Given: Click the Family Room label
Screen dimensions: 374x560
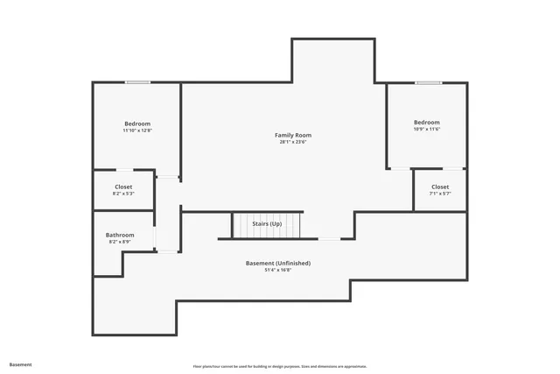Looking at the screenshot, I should [x=292, y=135].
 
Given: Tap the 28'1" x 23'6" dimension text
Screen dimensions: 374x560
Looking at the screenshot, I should [x=292, y=142].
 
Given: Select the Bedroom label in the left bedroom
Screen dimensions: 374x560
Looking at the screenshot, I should [x=137, y=123].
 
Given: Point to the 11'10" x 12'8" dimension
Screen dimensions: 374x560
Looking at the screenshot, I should [x=137, y=131].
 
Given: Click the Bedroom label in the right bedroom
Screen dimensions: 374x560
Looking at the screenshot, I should [x=427, y=122].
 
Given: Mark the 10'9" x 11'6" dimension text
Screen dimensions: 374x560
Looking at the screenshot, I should [x=427, y=129].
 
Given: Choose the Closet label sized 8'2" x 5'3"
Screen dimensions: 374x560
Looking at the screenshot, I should [x=123, y=187].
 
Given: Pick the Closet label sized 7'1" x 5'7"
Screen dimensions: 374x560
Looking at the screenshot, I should [x=440, y=187].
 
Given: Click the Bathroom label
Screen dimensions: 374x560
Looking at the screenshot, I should [x=120, y=235].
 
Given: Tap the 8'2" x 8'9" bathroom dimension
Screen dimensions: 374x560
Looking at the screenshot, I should [x=120, y=242].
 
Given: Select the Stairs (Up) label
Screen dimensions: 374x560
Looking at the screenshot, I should [x=267, y=224].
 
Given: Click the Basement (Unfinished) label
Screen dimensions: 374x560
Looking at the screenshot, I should [x=277, y=263].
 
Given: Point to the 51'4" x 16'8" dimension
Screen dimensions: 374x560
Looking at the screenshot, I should [x=277, y=270].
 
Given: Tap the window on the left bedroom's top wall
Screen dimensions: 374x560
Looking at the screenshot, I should [x=137, y=82].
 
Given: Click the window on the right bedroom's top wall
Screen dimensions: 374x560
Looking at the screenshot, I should [x=428, y=83].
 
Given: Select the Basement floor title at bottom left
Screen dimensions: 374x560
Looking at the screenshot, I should [x=20, y=364].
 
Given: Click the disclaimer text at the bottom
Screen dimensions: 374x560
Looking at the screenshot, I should [x=280, y=366].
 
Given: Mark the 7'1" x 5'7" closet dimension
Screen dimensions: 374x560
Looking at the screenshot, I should [x=440, y=194].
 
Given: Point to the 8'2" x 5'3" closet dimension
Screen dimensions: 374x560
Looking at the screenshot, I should [x=123, y=194].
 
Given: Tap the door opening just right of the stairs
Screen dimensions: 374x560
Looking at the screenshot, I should [x=329, y=238].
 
